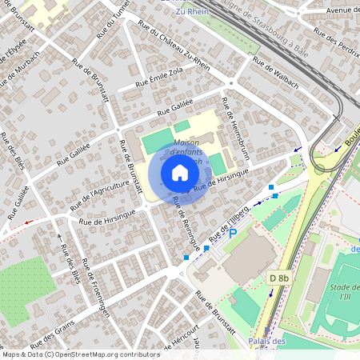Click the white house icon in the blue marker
(x=180, y=173)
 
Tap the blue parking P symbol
(x=234, y=233)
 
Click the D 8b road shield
(x=278, y=278)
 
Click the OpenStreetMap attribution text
(x=70, y=354)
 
